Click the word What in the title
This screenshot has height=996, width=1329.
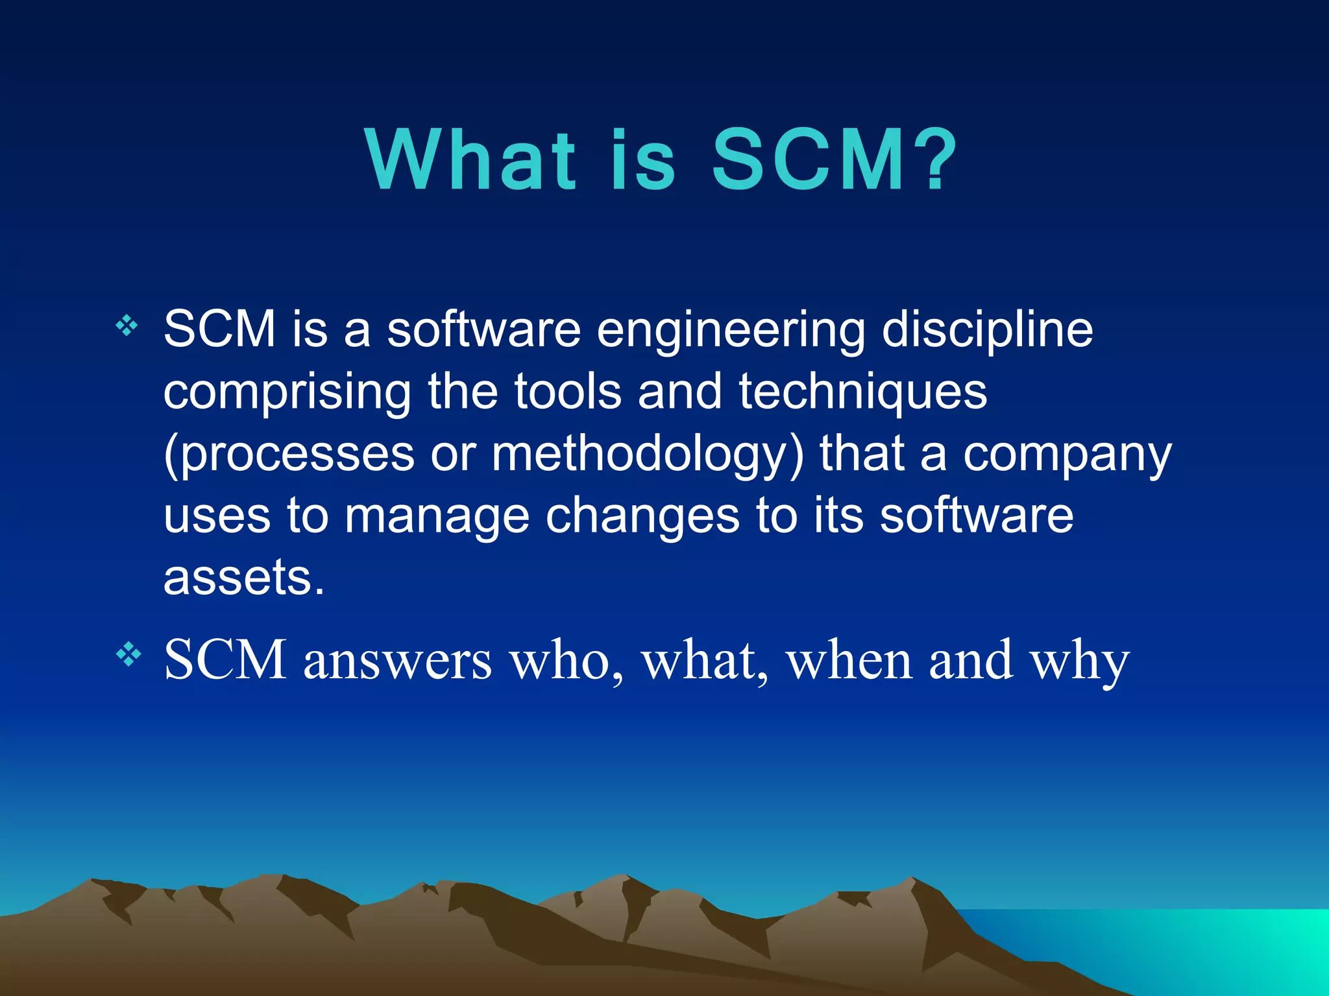pyautogui.click(x=470, y=160)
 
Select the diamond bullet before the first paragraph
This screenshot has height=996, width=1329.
pyautogui.click(x=127, y=326)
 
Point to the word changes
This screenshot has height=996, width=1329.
pyautogui.click(x=642, y=516)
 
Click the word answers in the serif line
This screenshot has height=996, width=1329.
pyautogui.click(x=398, y=660)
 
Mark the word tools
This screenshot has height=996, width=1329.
pyautogui.click(x=568, y=392)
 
